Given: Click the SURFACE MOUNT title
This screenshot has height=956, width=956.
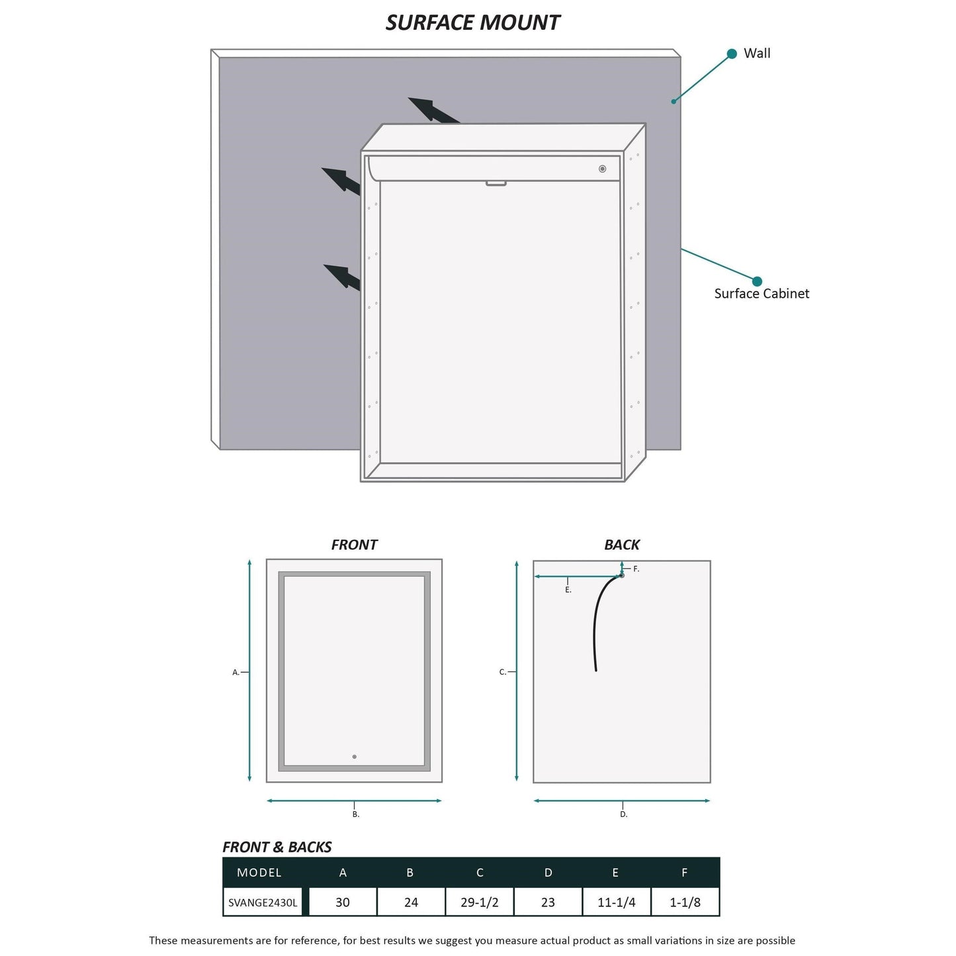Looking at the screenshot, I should pyautogui.click(x=472, y=22).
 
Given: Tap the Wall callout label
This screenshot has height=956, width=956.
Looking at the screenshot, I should pyautogui.click(x=757, y=54).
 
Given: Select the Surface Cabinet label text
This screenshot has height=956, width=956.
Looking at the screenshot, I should pyautogui.click(x=761, y=294).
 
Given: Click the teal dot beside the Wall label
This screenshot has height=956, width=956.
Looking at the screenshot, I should pyautogui.click(x=732, y=54).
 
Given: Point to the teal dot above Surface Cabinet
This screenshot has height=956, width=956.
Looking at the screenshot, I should pyautogui.click(x=757, y=281).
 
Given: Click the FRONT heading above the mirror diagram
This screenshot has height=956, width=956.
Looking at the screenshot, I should pyautogui.click(x=354, y=544).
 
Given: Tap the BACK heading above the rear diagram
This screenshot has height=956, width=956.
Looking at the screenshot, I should pyautogui.click(x=621, y=544).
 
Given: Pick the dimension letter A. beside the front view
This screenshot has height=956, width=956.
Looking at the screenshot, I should pyautogui.click(x=236, y=672).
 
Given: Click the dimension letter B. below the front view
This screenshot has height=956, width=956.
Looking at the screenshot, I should pyautogui.click(x=356, y=814).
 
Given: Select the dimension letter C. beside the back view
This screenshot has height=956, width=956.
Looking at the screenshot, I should pyautogui.click(x=503, y=672).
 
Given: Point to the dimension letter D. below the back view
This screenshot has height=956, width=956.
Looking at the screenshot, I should pyautogui.click(x=624, y=814).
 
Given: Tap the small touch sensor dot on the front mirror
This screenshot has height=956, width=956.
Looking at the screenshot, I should pyautogui.click(x=355, y=756).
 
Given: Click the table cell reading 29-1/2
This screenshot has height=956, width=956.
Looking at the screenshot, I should pyautogui.click(x=480, y=902).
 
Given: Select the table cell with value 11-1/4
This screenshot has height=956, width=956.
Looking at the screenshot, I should pyautogui.click(x=617, y=902).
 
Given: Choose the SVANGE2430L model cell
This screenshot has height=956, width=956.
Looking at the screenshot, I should pyautogui.click(x=263, y=902).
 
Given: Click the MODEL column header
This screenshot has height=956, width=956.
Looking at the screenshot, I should pyautogui.click(x=259, y=873).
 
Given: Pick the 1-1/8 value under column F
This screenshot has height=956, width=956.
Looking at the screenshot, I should pyautogui.click(x=685, y=902).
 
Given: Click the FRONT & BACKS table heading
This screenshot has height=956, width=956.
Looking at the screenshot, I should pyautogui.click(x=277, y=847).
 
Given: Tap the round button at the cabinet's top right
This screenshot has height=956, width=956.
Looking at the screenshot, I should pyautogui.click(x=602, y=169).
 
